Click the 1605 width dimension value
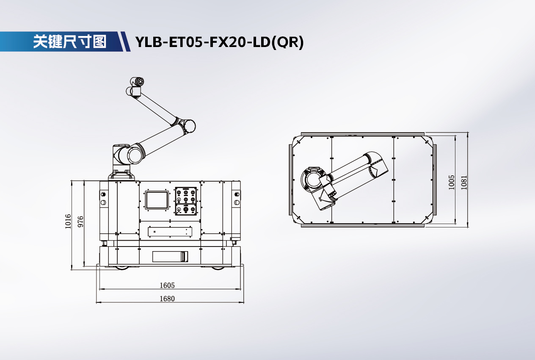pos(167,285)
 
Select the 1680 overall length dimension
pos(167,299)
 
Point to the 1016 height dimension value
pos(68,222)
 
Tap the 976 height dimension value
pos(81,222)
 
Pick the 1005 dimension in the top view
pos(451,183)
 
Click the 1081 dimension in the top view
pos(464,183)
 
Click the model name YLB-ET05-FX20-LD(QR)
pos(220,42)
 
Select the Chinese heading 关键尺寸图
pos(69,42)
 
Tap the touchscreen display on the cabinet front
pos(157,200)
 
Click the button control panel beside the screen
pos(186,201)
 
